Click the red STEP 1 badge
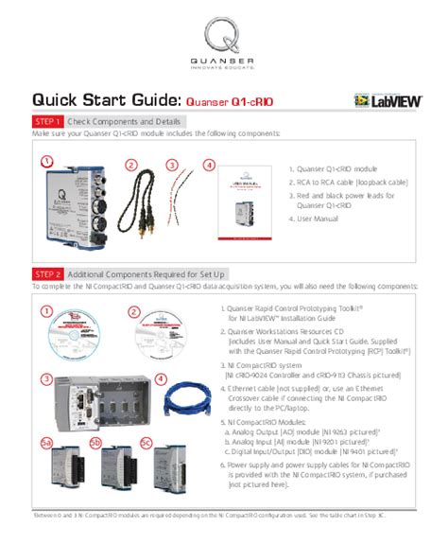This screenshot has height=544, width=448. click(48, 122)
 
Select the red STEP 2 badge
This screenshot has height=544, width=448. click(48, 273)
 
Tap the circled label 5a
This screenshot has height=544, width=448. click(44, 443)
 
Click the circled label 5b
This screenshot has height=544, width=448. click(95, 443)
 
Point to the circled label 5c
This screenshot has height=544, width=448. click(146, 443)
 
